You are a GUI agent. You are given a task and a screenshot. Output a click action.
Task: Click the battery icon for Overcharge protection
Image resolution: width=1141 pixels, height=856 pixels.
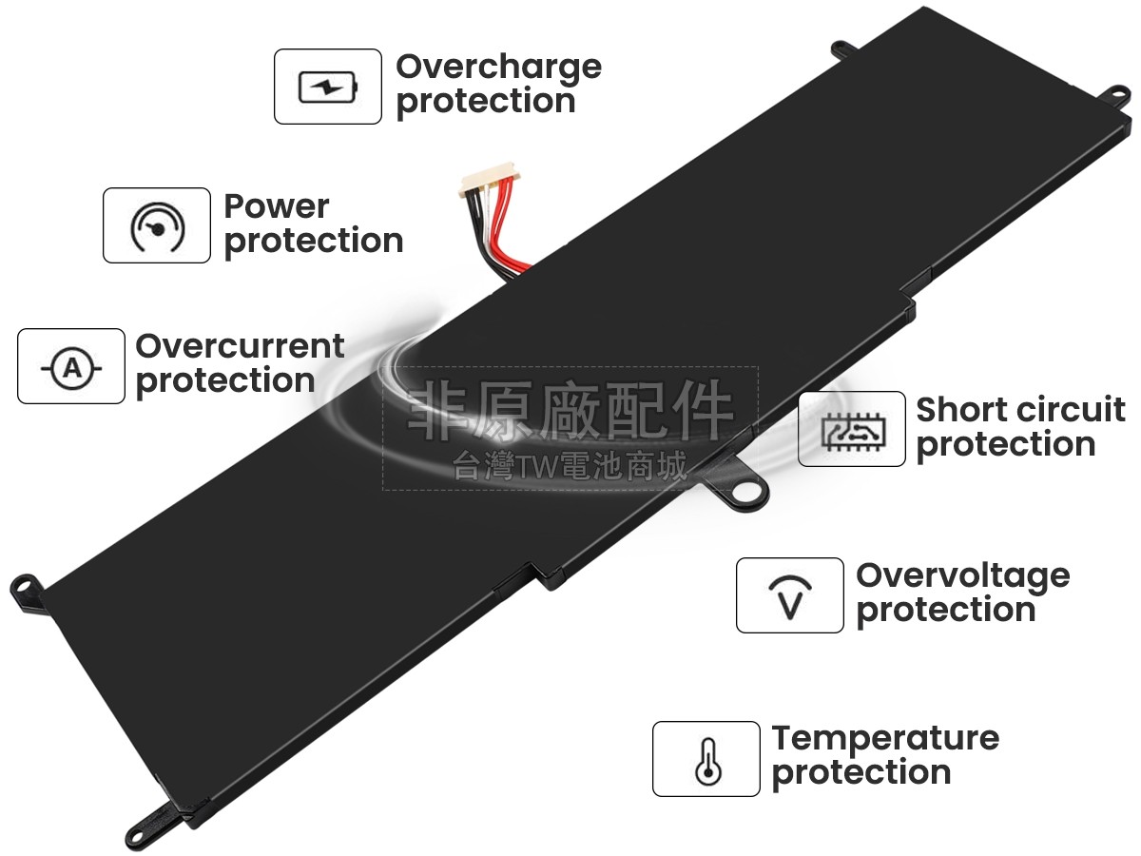pyautogui.click(x=328, y=87)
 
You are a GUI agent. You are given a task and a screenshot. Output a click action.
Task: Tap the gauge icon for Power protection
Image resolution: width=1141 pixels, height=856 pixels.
pyautogui.click(x=157, y=225)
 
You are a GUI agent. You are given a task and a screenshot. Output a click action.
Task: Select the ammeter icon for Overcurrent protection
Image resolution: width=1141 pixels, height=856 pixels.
pyautogui.click(x=71, y=366)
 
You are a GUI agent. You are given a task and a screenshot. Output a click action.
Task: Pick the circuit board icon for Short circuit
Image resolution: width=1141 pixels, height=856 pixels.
pyautogui.click(x=851, y=429)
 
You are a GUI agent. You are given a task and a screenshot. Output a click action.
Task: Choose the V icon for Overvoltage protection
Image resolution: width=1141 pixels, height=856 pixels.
pyautogui.click(x=789, y=595)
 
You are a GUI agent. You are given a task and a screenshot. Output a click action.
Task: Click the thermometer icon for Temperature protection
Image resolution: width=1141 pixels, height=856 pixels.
pyautogui.click(x=706, y=759)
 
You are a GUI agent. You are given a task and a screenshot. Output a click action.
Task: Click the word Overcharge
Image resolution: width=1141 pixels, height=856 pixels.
pyautogui.click(x=498, y=68)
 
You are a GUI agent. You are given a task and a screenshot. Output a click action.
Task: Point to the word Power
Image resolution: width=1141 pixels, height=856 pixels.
pyautogui.click(x=276, y=206)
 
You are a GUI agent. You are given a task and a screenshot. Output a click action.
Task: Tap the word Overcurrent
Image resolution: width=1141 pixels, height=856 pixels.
pyautogui.click(x=240, y=346)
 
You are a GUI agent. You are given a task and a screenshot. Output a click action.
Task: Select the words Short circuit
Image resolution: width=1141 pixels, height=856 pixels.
pyautogui.click(x=1020, y=410)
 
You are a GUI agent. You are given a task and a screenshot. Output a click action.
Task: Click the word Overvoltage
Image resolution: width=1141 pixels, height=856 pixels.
pyautogui.click(x=962, y=575)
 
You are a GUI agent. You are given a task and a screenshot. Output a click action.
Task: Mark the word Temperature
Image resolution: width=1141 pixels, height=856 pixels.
pyautogui.click(x=885, y=738)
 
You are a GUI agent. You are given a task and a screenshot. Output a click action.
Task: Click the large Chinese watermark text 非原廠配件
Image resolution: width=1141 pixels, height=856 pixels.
pyautogui.click(x=570, y=411)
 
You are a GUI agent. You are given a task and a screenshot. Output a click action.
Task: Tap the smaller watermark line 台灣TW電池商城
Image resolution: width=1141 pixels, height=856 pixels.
pyautogui.click(x=570, y=466)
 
